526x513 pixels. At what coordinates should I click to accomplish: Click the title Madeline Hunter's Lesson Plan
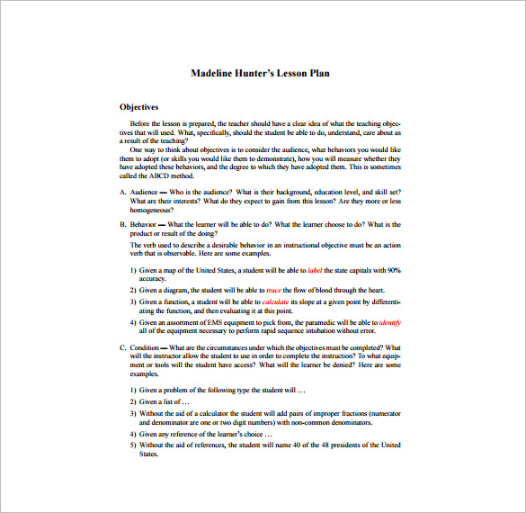pyautogui.click(x=260, y=73)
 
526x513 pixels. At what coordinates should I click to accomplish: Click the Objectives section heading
pyautogui.click(x=139, y=106)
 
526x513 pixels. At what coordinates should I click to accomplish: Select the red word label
pyautogui.click(x=315, y=270)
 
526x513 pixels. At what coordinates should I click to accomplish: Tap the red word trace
pyautogui.click(x=274, y=290)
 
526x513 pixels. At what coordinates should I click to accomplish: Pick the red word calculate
pyautogui.click(x=276, y=301)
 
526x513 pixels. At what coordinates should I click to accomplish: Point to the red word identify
pyautogui.click(x=390, y=322)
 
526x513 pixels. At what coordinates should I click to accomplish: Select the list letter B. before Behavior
pyautogui.click(x=123, y=225)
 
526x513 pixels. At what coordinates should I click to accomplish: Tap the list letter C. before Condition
pyautogui.click(x=123, y=347)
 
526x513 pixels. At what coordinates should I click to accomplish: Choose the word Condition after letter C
pyautogui.click(x=146, y=347)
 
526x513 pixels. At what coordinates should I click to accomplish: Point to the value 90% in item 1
pyautogui.click(x=394, y=270)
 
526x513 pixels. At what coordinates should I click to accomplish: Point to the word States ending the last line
pyautogui.click(x=148, y=454)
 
